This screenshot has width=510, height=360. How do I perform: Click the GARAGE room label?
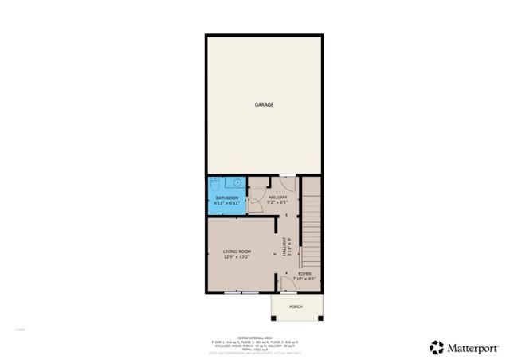point(264,104)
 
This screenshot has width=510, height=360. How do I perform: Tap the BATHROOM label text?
point(226,197)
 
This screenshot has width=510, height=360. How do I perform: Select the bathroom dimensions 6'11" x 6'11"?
point(226,203)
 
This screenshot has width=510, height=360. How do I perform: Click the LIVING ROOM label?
point(237,252)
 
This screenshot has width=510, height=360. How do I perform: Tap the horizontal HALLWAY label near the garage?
point(277,197)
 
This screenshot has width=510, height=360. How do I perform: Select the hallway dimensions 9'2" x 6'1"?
point(277,203)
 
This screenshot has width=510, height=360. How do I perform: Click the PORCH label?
point(295,307)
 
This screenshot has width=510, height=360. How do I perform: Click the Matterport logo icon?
point(437,347)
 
